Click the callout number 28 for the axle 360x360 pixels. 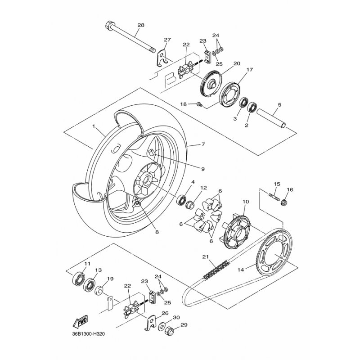pos(141,25)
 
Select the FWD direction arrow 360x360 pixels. pos(80,321)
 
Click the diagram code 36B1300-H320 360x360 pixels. pos(88,334)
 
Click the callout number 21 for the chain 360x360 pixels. pos(206,256)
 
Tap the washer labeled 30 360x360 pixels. pos(162,327)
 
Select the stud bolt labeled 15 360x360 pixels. pos(274,197)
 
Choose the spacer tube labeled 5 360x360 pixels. pos(271,118)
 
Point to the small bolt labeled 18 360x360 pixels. pos(199,105)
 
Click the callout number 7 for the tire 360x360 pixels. pos(203,144)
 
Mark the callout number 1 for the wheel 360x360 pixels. pos(94,126)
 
